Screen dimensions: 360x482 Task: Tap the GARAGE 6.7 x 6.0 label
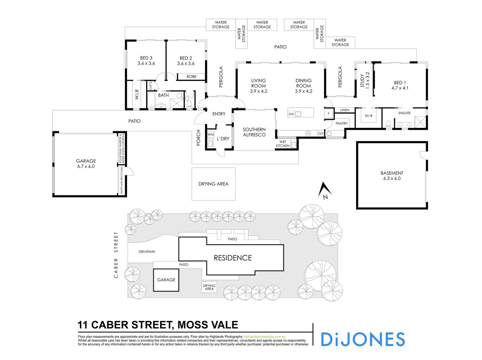tap(86, 163)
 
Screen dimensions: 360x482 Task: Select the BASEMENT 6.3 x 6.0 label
tap(392, 176)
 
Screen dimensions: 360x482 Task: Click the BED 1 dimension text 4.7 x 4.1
tap(400, 88)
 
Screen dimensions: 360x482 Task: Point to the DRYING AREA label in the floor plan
tap(213, 184)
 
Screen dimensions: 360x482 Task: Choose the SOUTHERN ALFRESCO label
tap(254, 132)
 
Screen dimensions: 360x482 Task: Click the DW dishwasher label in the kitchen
tap(291, 114)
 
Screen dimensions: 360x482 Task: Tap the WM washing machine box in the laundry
tap(211, 134)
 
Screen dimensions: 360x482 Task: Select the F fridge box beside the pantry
tap(329, 114)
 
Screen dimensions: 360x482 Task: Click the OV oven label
tap(320, 133)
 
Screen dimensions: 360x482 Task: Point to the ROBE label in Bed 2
tap(191, 76)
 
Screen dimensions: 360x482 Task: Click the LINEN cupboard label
tap(344, 110)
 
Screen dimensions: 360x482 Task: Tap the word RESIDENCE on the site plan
tap(233, 258)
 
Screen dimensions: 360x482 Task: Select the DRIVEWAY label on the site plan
tap(147, 252)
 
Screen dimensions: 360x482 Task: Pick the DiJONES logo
tap(362, 339)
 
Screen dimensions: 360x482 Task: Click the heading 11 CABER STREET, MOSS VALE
tap(158, 325)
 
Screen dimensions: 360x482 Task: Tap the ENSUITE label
tap(404, 113)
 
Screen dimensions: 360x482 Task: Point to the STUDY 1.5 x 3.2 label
tap(365, 80)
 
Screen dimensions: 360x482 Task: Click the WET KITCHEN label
tap(283, 144)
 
